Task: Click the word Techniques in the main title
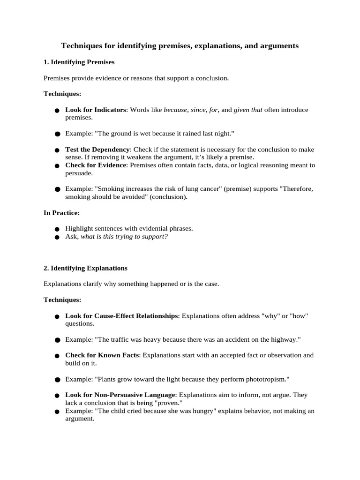pyautogui.click(x=81, y=46)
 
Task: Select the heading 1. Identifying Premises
pyautogui.click(x=79, y=62)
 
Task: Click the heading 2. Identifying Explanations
pyautogui.click(x=85, y=268)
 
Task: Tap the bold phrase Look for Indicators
pyautogui.click(x=96, y=110)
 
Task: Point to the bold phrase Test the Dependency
pyautogui.click(x=97, y=150)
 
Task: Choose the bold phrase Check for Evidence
pyautogui.click(x=96, y=165)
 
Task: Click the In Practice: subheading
pyautogui.click(x=61, y=213)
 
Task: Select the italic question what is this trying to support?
pyautogui.click(x=124, y=236)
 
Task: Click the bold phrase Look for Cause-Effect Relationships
pyautogui.click(x=121, y=316)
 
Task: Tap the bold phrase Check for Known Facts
pyautogui.click(x=102, y=355)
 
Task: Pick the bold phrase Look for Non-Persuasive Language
pyautogui.click(x=120, y=395)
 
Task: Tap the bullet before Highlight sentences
pyautogui.click(x=57, y=229)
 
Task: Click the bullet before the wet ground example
pyautogui.click(x=57, y=134)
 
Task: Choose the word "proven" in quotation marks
pyautogui.click(x=168, y=403)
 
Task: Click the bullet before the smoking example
pyautogui.click(x=57, y=189)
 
